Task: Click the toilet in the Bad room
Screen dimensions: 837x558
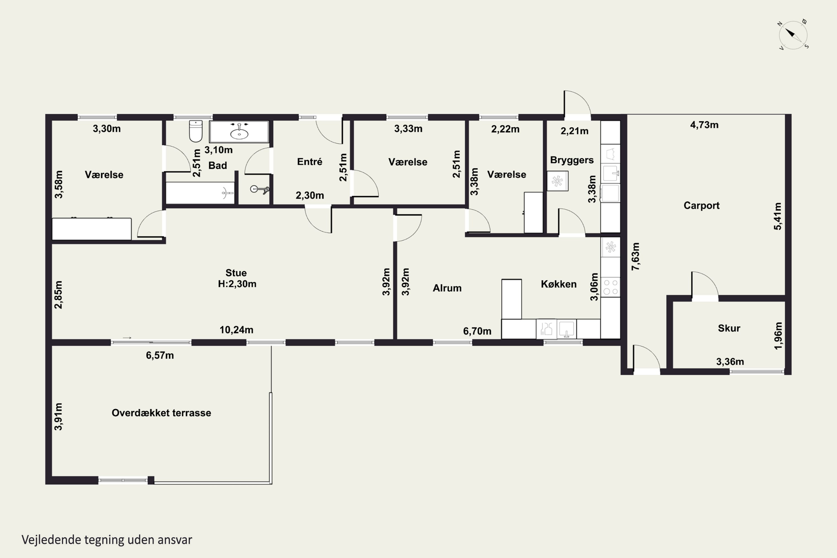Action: click(196, 131)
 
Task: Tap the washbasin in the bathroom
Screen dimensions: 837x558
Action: click(239, 132)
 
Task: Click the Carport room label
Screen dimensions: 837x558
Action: click(701, 205)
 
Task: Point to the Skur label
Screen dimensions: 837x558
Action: click(729, 328)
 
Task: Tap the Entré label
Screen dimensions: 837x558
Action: click(310, 162)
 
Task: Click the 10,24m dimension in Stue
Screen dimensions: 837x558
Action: click(236, 330)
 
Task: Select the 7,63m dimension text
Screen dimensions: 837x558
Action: click(635, 256)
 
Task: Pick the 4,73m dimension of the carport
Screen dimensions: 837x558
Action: click(704, 125)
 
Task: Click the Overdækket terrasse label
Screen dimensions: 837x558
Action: click(161, 413)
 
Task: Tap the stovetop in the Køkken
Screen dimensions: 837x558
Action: click(611, 287)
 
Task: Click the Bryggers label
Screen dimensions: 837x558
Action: click(572, 160)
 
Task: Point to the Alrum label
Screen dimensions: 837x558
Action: click(447, 288)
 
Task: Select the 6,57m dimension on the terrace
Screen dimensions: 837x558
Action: click(160, 355)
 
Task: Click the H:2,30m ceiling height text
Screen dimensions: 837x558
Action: click(237, 284)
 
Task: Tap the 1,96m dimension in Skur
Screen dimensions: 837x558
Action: click(778, 336)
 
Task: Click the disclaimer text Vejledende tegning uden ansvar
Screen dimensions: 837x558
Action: click(107, 540)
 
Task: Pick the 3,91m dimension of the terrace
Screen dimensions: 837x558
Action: click(58, 416)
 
